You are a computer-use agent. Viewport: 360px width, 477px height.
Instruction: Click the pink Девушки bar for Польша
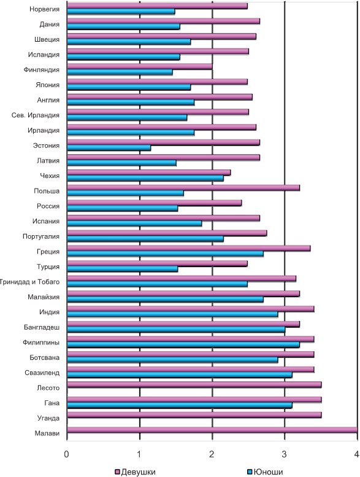pos(183,188)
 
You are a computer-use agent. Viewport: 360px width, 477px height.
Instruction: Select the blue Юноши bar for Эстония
pos(109,147)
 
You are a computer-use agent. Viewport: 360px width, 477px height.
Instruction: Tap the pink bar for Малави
pos(212,430)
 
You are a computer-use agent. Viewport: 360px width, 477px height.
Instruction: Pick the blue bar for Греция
pos(165,254)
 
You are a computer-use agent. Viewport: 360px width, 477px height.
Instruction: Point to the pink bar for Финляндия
pos(140,66)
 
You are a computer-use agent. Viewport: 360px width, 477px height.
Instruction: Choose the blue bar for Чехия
pos(145,178)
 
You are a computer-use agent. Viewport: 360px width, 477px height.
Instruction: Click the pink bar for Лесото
pos(194,384)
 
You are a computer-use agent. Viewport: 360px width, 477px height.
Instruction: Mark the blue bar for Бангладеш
pos(176,330)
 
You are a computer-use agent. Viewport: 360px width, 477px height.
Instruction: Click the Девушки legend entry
pos(136,472)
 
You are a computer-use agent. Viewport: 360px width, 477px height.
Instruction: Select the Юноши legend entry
pos(266,472)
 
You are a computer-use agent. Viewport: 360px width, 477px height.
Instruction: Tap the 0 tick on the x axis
pos(66,454)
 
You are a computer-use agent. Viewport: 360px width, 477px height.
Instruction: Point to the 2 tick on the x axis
pos(212,454)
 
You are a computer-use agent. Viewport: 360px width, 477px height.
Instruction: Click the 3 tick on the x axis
pos(284,454)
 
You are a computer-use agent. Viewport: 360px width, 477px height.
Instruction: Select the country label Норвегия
pos(44,9)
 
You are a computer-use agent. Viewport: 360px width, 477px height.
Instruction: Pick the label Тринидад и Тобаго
pos(29,282)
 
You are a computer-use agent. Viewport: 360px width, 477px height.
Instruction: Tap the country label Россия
pos(48,206)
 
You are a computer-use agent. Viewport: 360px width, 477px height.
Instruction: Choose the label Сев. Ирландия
pos(36,115)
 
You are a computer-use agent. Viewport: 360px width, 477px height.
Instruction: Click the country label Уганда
pos(48,418)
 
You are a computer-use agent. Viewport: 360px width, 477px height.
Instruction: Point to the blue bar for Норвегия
pos(121,11)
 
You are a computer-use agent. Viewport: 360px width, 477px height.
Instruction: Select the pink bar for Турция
pos(158,263)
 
